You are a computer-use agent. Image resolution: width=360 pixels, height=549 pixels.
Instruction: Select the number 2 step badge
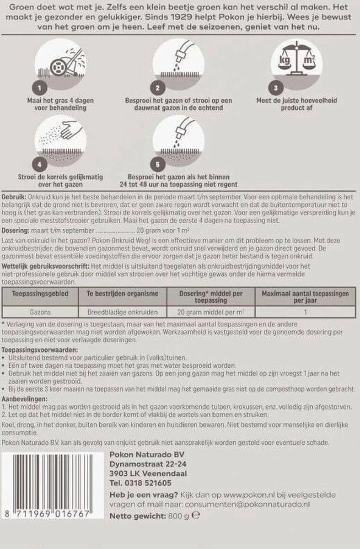(157, 87)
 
